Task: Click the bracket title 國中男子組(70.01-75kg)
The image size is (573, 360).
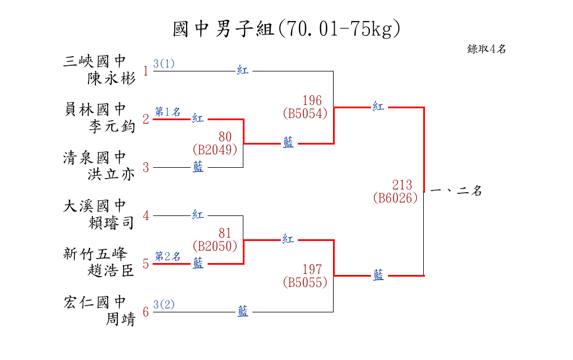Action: tap(286, 28)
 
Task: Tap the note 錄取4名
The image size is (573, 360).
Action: tap(486, 49)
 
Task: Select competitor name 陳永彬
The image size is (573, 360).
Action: tap(111, 78)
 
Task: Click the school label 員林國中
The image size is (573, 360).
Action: tap(95, 109)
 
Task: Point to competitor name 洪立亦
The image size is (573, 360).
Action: tap(111, 174)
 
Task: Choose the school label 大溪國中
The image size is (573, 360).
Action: tap(95, 205)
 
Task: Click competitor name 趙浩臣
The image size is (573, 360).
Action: tap(111, 271)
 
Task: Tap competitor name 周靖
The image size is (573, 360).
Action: tap(120, 320)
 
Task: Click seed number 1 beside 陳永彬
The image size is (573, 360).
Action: tap(146, 71)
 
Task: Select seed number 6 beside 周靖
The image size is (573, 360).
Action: tap(146, 312)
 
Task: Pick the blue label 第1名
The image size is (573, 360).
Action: tap(167, 112)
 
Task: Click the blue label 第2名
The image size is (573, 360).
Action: tap(167, 256)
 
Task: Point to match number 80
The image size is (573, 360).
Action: tap(225, 137)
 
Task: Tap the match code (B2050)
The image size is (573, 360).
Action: tap(214, 246)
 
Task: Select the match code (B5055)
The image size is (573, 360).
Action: tap(305, 282)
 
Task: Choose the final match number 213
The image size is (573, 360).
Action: tap(402, 185)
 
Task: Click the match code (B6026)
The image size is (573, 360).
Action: tap(395, 198)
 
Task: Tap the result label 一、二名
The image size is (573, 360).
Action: tap(457, 191)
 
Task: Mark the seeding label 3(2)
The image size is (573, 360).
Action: tap(164, 304)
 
